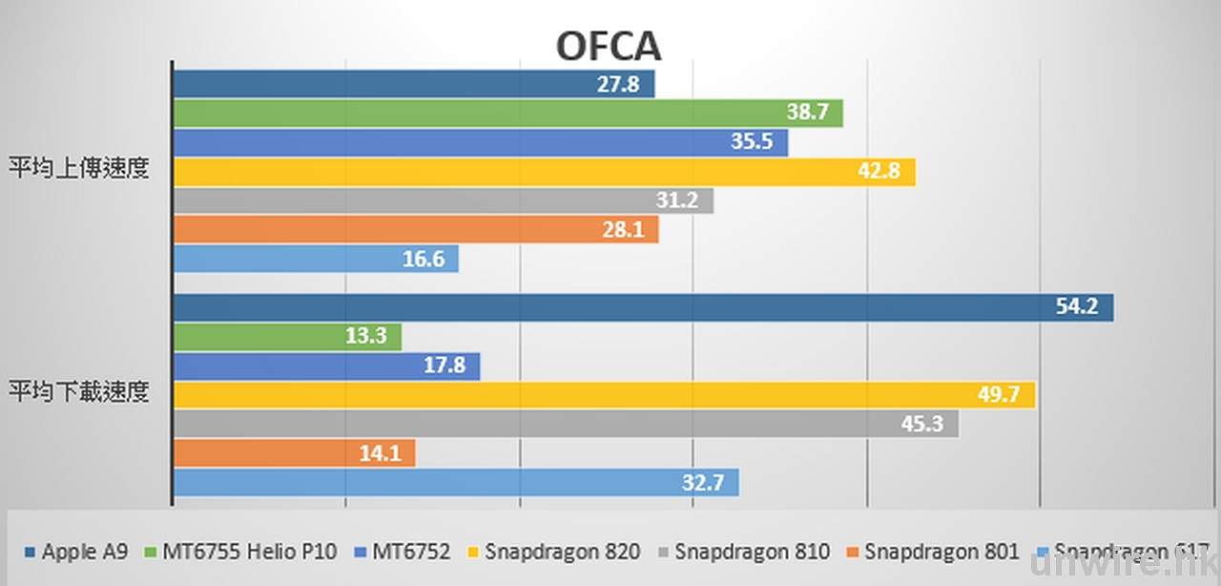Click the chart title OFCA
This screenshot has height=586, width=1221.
(608, 46)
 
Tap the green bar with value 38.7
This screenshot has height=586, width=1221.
(507, 114)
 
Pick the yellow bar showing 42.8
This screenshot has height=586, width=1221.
(543, 173)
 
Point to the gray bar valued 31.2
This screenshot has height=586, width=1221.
(443, 200)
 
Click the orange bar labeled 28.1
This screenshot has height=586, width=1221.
(415, 229)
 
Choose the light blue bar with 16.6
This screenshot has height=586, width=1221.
(315, 259)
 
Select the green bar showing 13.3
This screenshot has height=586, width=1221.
(286, 337)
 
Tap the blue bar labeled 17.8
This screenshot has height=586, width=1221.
(325, 366)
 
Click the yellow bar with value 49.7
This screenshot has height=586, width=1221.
(603, 395)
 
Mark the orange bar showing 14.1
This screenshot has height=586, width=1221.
(293, 453)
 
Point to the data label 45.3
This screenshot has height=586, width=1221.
(923, 424)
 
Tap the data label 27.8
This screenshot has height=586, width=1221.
(618, 84)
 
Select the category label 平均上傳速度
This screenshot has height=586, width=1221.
(80, 168)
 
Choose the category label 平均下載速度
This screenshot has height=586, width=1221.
(80, 391)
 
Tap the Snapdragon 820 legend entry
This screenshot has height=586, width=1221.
(554, 552)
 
